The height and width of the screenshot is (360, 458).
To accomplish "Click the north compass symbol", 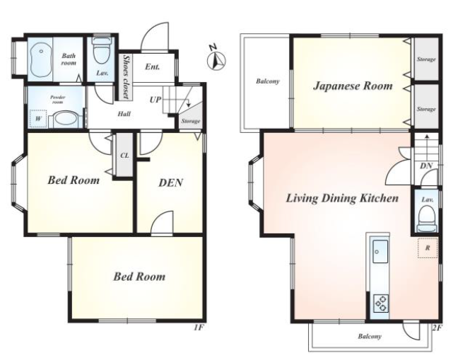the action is (216, 60).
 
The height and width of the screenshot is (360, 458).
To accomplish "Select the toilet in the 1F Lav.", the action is (101, 52).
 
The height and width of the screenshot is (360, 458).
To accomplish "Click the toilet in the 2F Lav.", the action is (427, 219).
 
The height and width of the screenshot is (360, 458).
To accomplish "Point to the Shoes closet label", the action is (127, 77).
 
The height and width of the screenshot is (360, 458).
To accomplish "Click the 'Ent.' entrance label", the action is (153, 67).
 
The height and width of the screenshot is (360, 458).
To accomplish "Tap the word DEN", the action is (171, 183).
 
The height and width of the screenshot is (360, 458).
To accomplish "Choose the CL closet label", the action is (124, 156).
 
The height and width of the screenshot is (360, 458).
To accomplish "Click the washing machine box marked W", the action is (38, 119).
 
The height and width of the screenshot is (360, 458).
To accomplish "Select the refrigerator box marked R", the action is (428, 248).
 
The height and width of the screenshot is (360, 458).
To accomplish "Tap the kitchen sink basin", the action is (380, 251).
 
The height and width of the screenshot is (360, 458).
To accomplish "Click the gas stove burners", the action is (381, 303).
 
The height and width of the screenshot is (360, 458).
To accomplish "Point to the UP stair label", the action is (155, 100).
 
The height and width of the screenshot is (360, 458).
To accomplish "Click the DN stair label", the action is (426, 166).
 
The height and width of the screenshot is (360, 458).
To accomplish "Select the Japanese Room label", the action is (353, 86).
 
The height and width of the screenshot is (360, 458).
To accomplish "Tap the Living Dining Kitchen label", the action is (342, 198).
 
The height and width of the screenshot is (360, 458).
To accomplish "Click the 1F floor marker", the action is (199, 327).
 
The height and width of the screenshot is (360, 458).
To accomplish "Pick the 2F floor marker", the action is (437, 328).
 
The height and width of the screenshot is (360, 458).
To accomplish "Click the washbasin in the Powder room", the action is (66, 120).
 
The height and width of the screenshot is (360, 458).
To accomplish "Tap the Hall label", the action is (124, 114).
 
